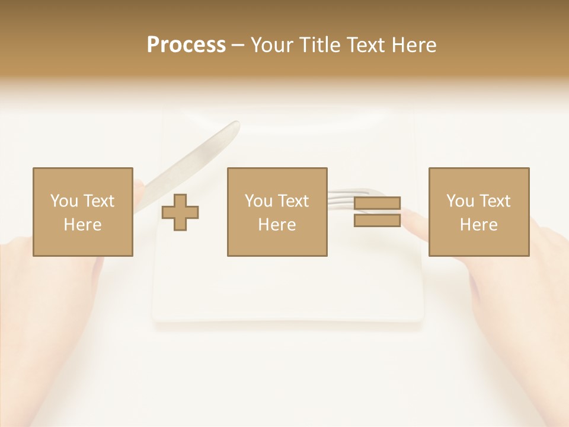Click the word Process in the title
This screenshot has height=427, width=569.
[186, 45]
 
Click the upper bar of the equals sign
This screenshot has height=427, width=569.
[377, 203]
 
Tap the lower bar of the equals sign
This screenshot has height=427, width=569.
[377, 220]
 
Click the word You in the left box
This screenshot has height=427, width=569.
[64, 201]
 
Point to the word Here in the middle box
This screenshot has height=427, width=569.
[277, 225]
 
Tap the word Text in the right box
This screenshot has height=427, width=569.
[494, 201]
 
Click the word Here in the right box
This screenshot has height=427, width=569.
[478, 225]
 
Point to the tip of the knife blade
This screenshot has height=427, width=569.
[235, 125]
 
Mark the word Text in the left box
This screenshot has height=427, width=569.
[98, 201]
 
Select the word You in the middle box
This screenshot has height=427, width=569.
[258, 201]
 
